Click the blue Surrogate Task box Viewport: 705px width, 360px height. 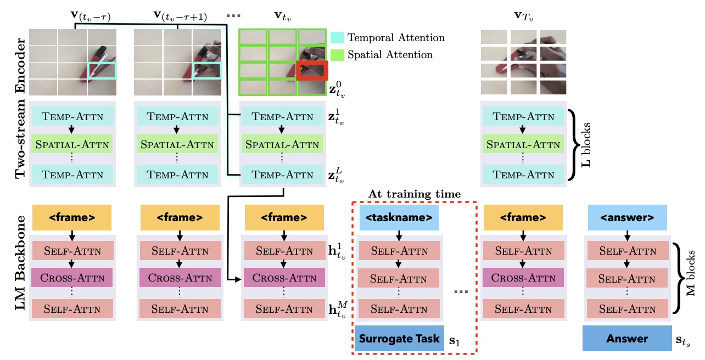pos(399,339)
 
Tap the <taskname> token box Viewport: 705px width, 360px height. pos(399,217)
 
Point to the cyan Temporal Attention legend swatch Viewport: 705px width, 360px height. pos(337,38)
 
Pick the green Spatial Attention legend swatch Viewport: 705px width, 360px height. pos(337,54)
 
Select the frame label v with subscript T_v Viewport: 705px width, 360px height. pos(523,17)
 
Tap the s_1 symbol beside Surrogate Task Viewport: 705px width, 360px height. pos(454,341)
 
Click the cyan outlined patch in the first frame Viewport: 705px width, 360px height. pos(102,71)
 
